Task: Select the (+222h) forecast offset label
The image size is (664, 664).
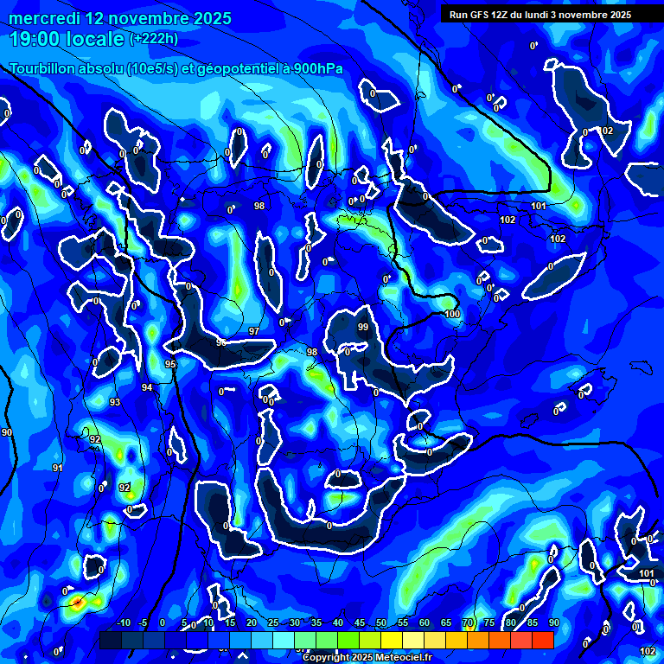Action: coord(154,39)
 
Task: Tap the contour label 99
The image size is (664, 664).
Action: coord(363,327)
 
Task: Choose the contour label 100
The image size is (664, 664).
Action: coord(452,314)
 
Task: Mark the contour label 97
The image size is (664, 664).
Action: coord(254,331)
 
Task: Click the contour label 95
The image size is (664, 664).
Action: coord(170,365)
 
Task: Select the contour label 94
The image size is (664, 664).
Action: coord(147,388)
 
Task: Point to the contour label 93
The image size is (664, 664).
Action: coord(115,403)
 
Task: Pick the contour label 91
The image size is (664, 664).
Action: coord(57,468)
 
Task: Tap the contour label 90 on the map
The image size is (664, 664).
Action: coord(7,432)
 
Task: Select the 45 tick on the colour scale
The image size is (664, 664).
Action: coord(361,623)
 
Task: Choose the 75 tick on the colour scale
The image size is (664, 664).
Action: coord(489,623)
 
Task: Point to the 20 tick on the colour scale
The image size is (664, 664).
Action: coord(252,623)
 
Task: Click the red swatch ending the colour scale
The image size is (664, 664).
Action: coord(542,640)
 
